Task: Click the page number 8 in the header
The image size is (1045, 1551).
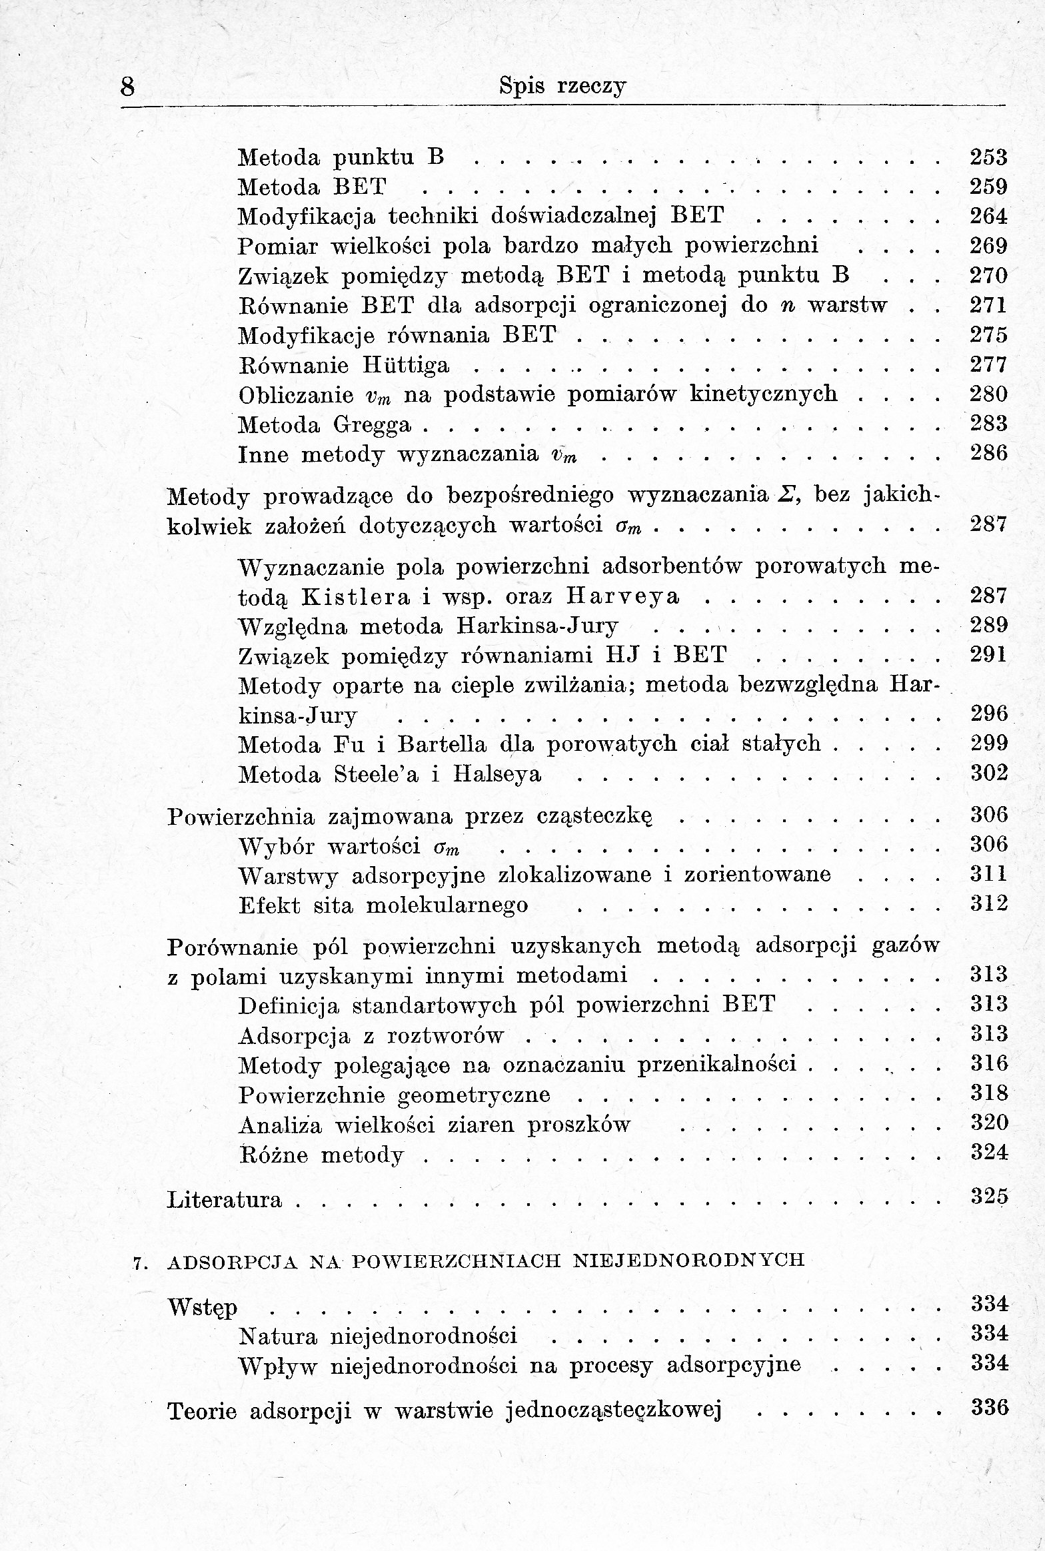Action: [x=128, y=87]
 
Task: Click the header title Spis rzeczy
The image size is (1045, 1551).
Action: [x=563, y=87]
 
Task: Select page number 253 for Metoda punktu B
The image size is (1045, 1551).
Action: [x=988, y=157]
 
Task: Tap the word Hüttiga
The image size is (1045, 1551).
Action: [x=406, y=365]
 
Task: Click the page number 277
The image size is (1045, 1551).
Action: [x=988, y=365]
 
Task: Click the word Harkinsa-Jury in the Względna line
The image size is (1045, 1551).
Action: [x=538, y=626]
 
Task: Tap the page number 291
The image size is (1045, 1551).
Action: [x=988, y=656]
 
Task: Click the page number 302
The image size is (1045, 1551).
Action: [x=988, y=774]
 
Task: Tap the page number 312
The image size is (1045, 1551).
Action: [x=988, y=905]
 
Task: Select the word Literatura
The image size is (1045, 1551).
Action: [x=225, y=1200]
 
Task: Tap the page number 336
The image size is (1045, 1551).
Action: [x=990, y=1408]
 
